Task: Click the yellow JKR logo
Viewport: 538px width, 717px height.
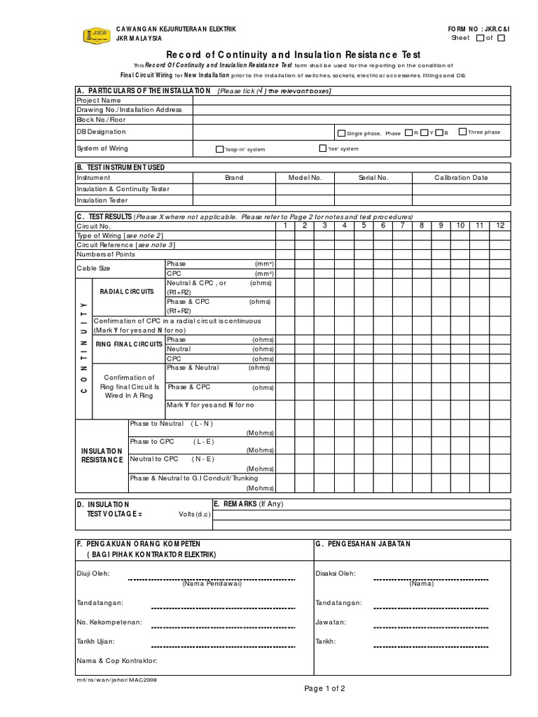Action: coord(95,34)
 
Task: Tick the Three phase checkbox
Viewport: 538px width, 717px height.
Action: coord(462,132)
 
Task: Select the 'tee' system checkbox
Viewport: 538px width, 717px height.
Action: coord(322,148)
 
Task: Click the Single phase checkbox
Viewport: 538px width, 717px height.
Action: coord(341,132)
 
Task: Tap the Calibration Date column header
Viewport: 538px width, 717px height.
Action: coord(461,178)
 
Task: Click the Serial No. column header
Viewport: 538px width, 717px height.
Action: coord(373,178)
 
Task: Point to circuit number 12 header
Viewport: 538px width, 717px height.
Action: coord(500,226)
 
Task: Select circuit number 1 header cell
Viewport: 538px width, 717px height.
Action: coord(285,226)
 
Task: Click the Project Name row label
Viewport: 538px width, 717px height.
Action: coord(99,100)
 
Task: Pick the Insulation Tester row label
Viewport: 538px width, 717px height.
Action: coord(102,200)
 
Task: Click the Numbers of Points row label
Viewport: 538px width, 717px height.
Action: coord(105,253)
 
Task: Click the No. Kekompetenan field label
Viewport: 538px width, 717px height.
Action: coord(109,622)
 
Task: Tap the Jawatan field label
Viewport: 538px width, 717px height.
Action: coord(331,622)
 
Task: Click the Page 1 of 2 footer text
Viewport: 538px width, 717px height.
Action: coord(325,689)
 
